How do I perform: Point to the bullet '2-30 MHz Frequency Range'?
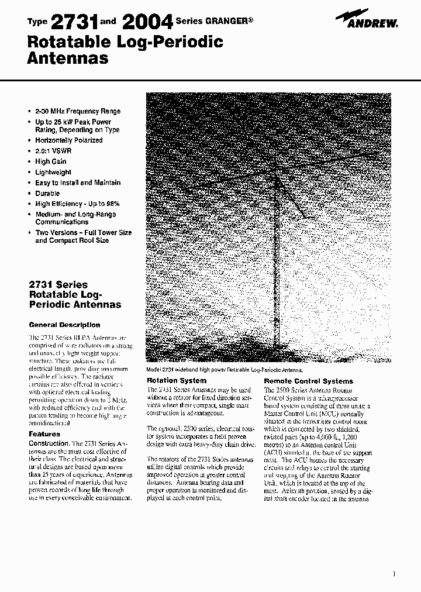point(78,111)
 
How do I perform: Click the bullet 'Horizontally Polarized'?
point(68,140)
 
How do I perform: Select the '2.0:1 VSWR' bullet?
point(54,151)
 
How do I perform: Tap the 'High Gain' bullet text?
point(51,161)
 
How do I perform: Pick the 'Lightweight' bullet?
point(53,172)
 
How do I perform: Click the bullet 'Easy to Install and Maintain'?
point(78,183)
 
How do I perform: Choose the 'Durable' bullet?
point(47,193)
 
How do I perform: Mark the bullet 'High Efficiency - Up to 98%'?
point(77,204)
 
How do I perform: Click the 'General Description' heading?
point(64,325)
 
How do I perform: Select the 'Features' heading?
point(44,434)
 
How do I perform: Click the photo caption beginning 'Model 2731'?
point(225,370)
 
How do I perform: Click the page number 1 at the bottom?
point(395,574)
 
